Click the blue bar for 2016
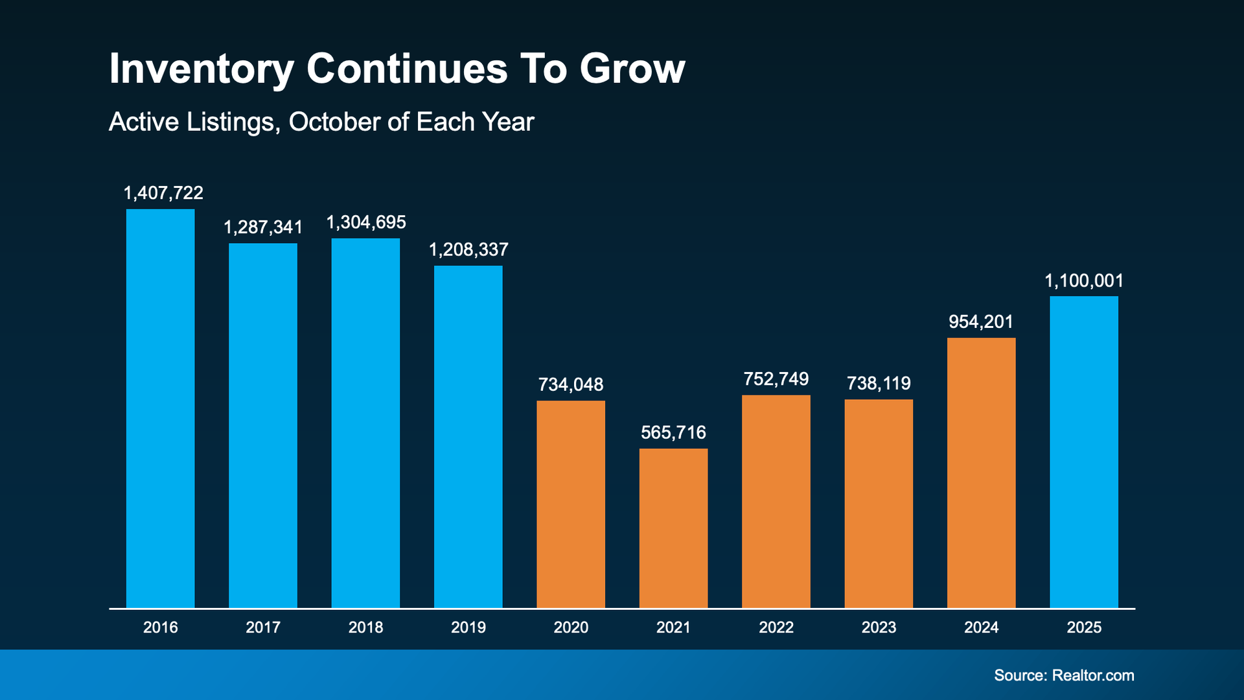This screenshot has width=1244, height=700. [160, 408]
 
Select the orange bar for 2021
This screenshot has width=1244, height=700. [673, 528]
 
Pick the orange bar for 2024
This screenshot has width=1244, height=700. [981, 472]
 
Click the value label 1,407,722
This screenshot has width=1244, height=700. [163, 193]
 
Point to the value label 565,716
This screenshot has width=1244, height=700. [673, 433]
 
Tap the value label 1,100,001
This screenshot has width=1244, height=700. [1083, 281]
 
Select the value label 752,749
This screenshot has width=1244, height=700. [776, 379]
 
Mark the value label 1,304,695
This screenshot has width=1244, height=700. [365, 223]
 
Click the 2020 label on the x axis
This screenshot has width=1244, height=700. [571, 627]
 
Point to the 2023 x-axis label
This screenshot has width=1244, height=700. [879, 627]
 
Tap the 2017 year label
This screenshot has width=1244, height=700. [263, 627]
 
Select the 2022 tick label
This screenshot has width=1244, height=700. [776, 627]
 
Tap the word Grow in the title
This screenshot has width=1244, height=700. [632, 69]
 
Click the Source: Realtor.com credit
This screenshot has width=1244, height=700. [1064, 675]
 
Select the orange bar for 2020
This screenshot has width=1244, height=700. [571, 504]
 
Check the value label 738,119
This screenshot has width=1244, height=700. [879, 384]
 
